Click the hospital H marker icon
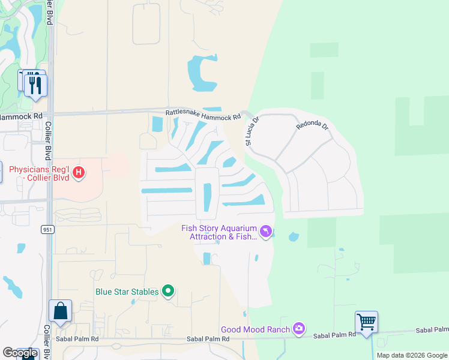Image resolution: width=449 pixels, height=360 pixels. pyautogui.click(x=78, y=173)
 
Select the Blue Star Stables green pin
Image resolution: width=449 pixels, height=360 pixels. pyautogui.click(x=168, y=292)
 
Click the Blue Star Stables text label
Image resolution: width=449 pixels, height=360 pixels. pyautogui.click(x=127, y=292)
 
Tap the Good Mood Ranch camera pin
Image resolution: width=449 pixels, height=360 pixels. pyautogui.click(x=299, y=329)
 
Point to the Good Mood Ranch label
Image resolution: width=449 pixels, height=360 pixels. pyautogui.click(x=255, y=329)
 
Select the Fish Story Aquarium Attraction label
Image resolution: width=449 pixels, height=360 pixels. pyautogui.click(x=220, y=232)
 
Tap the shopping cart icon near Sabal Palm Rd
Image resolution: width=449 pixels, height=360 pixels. pyautogui.click(x=366, y=323)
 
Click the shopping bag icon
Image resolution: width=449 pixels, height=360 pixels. pyautogui.click(x=61, y=311)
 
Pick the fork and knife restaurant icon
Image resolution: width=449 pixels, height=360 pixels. pyautogui.click(x=35, y=85)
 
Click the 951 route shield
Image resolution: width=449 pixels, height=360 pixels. pyautogui.click(x=48, y=229)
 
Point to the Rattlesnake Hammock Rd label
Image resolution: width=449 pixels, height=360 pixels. pyautogui.click(x=202, y=113)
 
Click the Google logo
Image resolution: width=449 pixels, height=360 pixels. pyautogui.click(x=20, y=353)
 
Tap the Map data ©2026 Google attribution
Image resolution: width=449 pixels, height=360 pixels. pyautogui.click(x=412, y=355)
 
